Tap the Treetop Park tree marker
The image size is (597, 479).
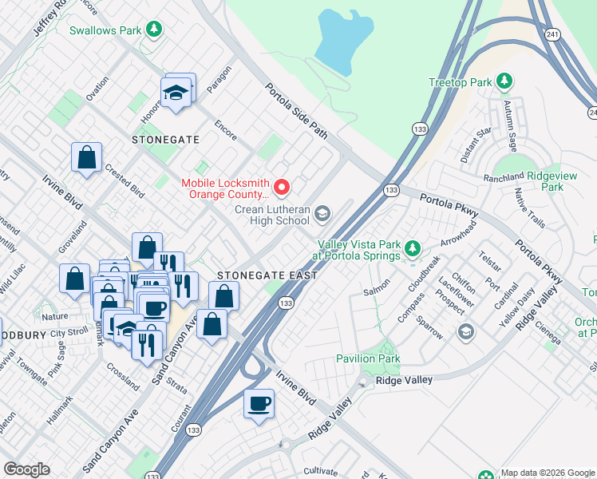pos(504,81)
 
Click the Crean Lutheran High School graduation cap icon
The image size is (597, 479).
pos(322,212)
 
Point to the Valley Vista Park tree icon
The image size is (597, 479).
pos(412,249)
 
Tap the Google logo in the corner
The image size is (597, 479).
pos(26,469)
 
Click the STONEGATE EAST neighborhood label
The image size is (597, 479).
pos(267,275)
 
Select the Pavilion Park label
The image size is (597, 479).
pos(367,358)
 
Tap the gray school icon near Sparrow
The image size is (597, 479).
pos(465,331)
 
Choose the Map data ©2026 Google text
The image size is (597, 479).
pos(548,473)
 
